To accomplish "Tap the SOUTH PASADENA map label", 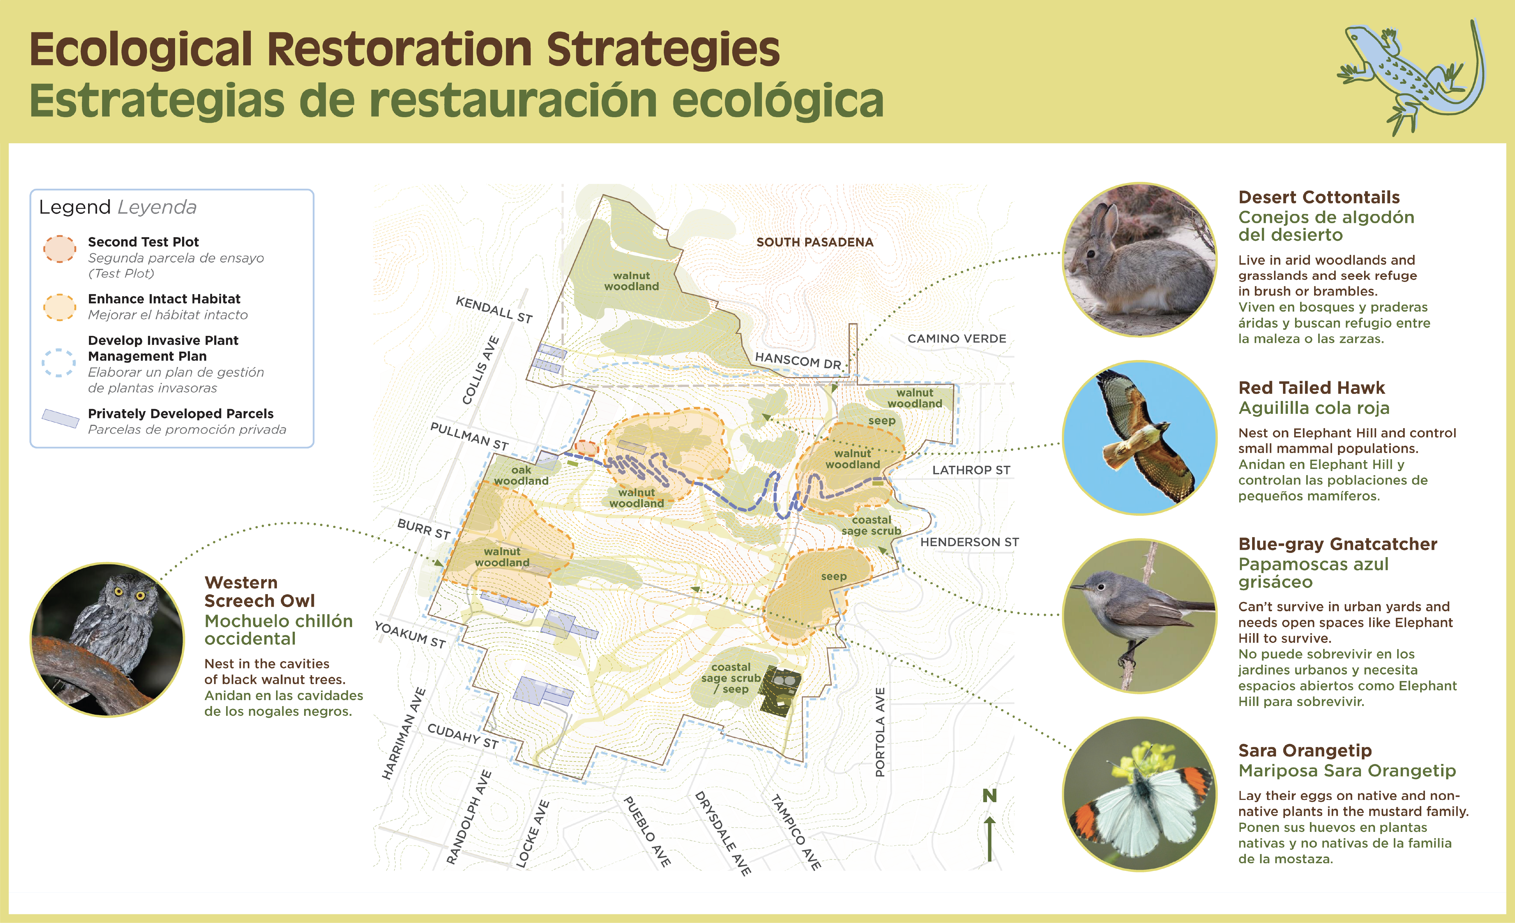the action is (x=815, y=242).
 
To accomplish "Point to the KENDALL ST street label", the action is (x=494, y=309).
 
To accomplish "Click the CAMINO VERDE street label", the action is (x=957, y=339).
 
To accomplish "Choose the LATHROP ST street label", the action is (x=971, y=470).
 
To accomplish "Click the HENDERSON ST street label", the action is (x=969, y=542).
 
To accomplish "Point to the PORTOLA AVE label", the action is (x=880, y=732).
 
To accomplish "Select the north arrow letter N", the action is (x=989, y=796).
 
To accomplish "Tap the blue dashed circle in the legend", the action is (x=59, y=363).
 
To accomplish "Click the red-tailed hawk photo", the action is (x=1140, y=438).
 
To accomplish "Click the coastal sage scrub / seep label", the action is (x=731, y=678).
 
